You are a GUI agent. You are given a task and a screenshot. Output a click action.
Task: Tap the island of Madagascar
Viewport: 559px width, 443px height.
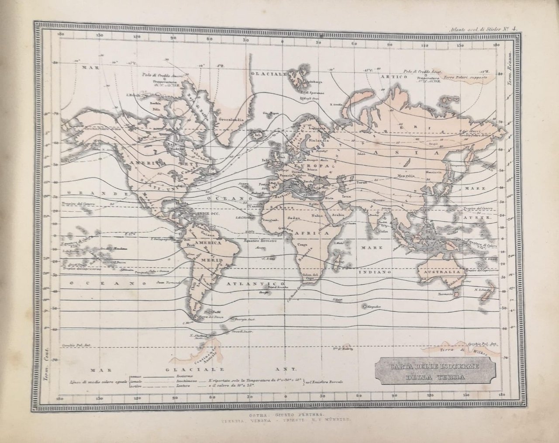(339, 258)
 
